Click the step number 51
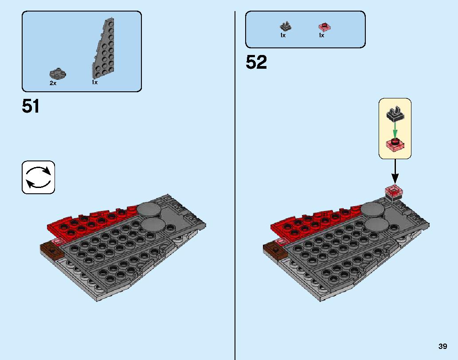tap(31, 106)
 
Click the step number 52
tap(256, 62)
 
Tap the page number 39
tap(442, 346)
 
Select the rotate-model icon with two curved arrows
tap(38, 177)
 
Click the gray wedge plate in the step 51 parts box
tap(103, 48)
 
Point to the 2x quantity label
tap(53, 83)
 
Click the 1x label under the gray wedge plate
tap(94, 82)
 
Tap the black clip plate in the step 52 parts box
tap(286, 27)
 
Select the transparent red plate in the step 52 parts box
tap(325, 27)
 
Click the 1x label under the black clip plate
tap(283, 35)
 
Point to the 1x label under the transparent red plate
tap(321, 35)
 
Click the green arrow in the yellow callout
tap(395, 130)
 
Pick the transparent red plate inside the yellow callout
tap(395, 145)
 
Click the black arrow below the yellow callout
tap(395, 172)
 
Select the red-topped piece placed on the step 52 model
tap(394, 193)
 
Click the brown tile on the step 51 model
tap(52, 250)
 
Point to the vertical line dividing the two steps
tap(235, 186)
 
